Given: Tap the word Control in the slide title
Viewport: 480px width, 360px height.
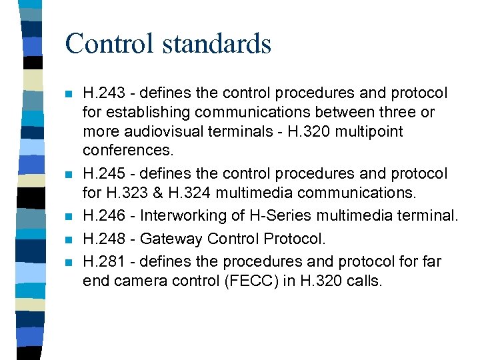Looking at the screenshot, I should [x=109, y=44].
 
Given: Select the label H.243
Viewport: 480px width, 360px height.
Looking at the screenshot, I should [x=102, y=93].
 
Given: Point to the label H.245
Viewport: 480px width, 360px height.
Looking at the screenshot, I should [x=102, y=174].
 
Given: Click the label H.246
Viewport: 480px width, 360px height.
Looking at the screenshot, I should [x=102, y=216].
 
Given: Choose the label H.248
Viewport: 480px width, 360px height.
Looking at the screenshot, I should [x=102, y=239].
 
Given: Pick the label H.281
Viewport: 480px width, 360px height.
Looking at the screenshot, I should [x=102, y=261].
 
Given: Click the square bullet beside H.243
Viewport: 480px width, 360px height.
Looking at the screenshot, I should [x=67, y=94].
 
